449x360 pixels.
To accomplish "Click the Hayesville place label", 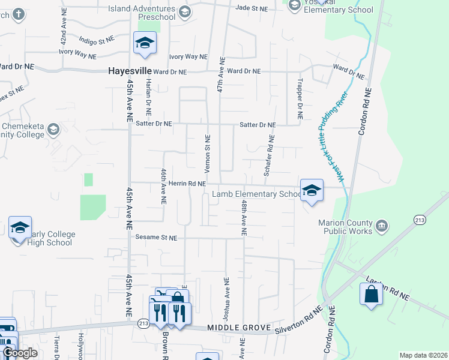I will pyautogui.click(x=129, y=71).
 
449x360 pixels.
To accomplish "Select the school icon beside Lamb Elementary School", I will pyautogui.click(x=312, y=190).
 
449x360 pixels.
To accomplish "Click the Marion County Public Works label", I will pyautogui.click(x=345, y=226).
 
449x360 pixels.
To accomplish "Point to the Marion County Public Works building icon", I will pyautogui.click(x=382, y=226).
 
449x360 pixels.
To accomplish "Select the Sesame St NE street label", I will pyautogui.click(x=156, y=238).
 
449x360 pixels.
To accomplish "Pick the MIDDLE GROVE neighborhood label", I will pyautogui.click(x=232, y=328).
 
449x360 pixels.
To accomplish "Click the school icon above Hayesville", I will pyautogui.click(x=144, y=43).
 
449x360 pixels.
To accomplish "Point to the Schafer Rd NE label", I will pyautogui.click(x=268, y=155).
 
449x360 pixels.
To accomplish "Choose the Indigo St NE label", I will pyautogui.click(x=97, y=40).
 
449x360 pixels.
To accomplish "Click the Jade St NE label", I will pyautogui.click(x=252, y=8).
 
